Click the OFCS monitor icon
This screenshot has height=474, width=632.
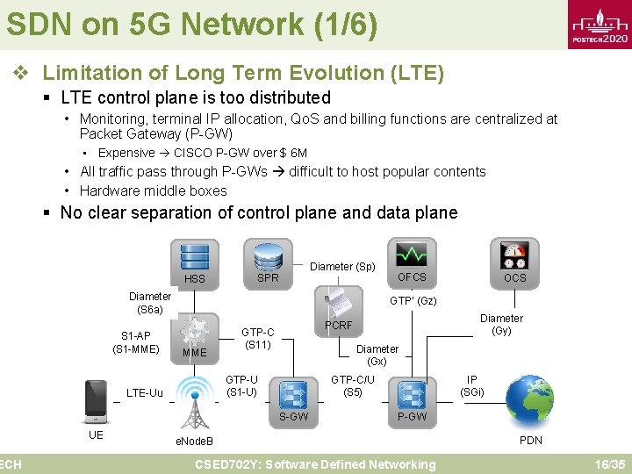(x=411, y=255)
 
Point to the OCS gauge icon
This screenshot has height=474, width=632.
(x=514, y=255)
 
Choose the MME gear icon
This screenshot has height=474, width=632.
(x=193, y=331)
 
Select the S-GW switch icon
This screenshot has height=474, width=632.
(x=292, y=392)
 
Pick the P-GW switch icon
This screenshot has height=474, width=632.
(x=411, y=393)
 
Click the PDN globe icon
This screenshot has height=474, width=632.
(x=530, y=400)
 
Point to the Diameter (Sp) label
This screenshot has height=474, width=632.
(x=342, y=267)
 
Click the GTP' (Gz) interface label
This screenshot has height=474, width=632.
(x=413, y=301)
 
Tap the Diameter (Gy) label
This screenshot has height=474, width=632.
(x=501, y=325)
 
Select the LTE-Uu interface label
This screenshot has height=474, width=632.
(x=145, y=392)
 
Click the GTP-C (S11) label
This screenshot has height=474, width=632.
(x=258, y=338)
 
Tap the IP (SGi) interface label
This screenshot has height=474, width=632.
(x=472, y=385)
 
